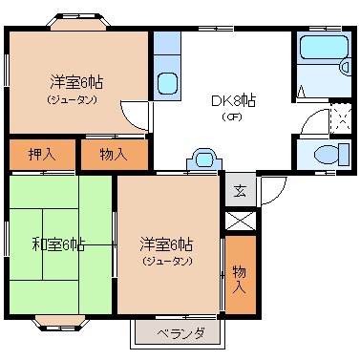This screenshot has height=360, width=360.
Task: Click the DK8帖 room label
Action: (x=234, y=101)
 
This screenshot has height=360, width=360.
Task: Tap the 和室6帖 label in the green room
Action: (x=58, y=244)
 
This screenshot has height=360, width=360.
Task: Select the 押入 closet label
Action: (x=42, y=155)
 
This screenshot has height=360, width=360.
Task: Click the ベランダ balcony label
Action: (x=180, y=334)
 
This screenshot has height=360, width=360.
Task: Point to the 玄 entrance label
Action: (x=240, y=190)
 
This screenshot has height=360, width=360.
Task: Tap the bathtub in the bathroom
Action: (x=324, y=47)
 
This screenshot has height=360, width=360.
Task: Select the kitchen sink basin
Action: (x=167, y=83)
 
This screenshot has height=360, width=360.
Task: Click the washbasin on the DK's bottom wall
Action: (x=204, y=159)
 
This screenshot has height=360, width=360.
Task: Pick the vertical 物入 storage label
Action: (x=240, y=280)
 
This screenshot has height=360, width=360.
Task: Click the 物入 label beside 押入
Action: (x=114, y=155)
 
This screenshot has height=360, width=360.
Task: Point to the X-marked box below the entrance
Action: (x=241, y=221)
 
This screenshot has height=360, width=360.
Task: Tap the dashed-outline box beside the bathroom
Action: (x=341, y=118)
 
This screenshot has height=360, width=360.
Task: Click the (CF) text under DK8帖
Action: (x=232, y=116)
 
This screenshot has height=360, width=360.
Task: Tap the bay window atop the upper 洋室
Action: (x=78, y=21)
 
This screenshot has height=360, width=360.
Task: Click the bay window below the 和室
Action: (x=60, y=323)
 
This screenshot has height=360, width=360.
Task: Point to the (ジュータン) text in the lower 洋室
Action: (x=167, y=262)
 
